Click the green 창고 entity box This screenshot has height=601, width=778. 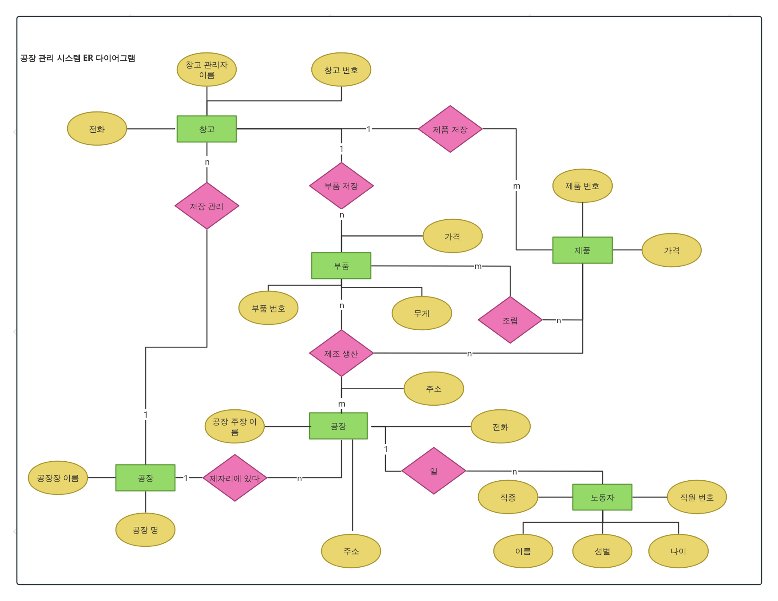(x=206, y=129)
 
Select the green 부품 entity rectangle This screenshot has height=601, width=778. (x=341, y=265)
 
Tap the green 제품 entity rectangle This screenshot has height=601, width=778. (x=582, y=250)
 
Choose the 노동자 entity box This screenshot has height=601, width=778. (x=602, y=497)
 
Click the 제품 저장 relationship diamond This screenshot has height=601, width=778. (x=450, y=129)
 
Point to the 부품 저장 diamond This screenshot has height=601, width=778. (x=341, y=186)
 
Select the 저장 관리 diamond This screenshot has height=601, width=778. (x=207, y=206)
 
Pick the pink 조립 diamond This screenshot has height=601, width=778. (x=510, y=320)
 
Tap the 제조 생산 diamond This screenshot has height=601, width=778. (x=341, y=353)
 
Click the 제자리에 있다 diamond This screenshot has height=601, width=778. (x=234, y=478)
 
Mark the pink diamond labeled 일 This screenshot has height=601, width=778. (x=434, y=471)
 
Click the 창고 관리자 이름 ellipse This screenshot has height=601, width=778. (x=206, y=70)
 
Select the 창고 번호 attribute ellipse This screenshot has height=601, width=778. (x=341, y=70)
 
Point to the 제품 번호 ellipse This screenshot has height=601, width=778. (x=582, y=186)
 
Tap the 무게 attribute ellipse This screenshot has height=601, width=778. (x=422, y=313)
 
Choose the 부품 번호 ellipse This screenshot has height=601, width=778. (x=268, y=308)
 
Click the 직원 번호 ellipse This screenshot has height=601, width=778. (x=697, y=497)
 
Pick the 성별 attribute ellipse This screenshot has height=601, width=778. (x=602, y=551)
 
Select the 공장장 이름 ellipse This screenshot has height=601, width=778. (x=58, y=478)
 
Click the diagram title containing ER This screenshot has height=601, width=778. (x=78, y=58)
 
